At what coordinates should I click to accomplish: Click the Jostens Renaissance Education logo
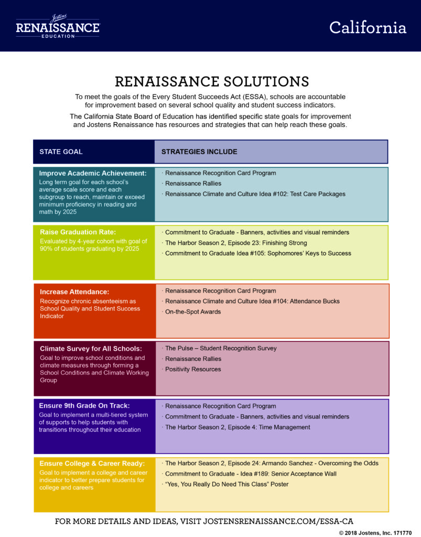58,26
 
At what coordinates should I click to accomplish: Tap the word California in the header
368,27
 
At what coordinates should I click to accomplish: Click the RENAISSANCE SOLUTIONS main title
212,81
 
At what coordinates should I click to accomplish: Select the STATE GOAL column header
61,152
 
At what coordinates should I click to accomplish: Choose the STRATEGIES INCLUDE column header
199,152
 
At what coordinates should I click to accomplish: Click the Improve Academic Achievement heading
93,173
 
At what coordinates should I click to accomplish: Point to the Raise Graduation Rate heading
78,232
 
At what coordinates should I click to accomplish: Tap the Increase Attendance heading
74,292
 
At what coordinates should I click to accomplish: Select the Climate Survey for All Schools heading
91,349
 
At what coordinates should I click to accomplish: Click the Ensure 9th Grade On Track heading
84,406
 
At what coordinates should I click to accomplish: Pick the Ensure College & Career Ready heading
92,464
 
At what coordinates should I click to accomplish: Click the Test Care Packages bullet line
254,194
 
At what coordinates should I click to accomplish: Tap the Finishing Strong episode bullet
235,243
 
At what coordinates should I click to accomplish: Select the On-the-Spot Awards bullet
192,312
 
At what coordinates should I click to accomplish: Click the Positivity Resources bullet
192,369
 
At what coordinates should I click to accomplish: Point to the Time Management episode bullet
236,427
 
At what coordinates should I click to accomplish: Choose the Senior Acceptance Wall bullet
250,474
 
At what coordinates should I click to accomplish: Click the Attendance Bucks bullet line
251,301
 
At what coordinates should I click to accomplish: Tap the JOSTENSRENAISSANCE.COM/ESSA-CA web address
278,521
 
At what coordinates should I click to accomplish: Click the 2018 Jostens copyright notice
375,533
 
